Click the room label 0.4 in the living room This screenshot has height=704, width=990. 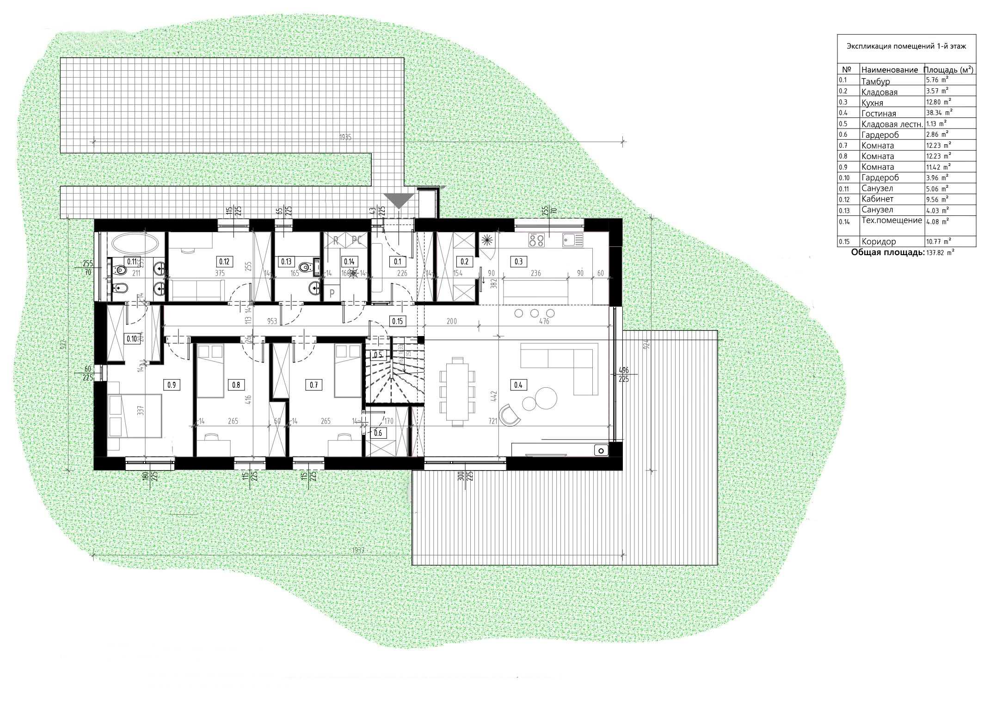pos(518,385)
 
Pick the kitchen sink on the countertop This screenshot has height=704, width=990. pos(572,240)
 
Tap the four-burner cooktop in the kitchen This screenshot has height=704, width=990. pos(536,240)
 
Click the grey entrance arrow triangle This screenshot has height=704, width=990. pos(400,200)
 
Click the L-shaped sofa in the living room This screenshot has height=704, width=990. pos(564,365)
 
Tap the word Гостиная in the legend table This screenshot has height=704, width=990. pos(879,113)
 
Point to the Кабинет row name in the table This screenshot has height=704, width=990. pos(877,199)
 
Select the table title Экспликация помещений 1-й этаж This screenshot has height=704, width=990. pos(907,46)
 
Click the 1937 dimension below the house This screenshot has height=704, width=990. pos(358,551)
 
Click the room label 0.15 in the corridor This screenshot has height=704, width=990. pos(397,321)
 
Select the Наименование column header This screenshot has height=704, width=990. pos(889,70)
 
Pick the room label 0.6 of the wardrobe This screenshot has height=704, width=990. pos(378,433)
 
